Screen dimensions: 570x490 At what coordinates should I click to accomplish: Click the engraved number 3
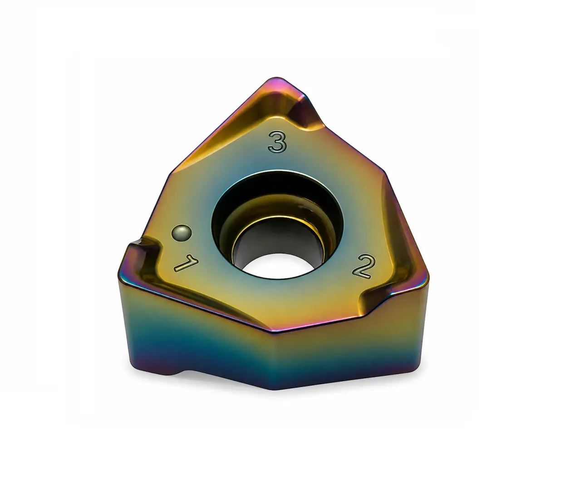[x=277, y=142]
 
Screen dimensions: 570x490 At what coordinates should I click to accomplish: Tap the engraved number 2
[x=364, y=266]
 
